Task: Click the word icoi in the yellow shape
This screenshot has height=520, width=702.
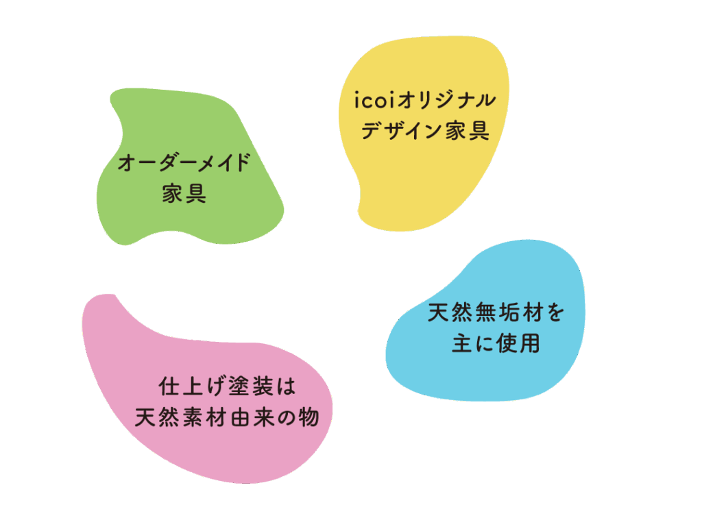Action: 374,99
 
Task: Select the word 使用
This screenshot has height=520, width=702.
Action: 518,343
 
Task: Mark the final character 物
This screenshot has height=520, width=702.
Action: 310,417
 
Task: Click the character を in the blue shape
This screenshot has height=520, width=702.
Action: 554,313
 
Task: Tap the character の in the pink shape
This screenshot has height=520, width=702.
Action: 285,417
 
